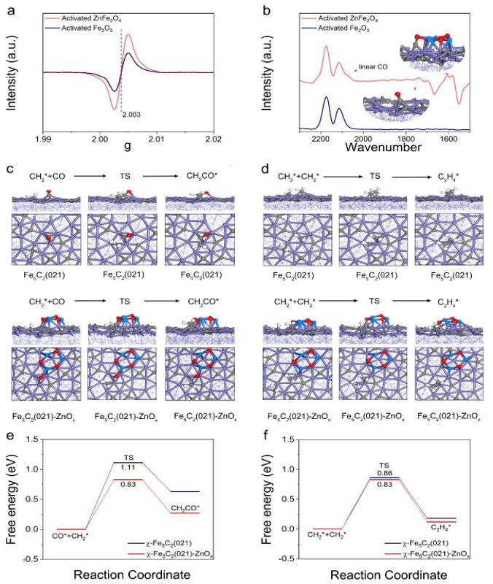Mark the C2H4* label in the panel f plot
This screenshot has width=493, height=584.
pos(438,523)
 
